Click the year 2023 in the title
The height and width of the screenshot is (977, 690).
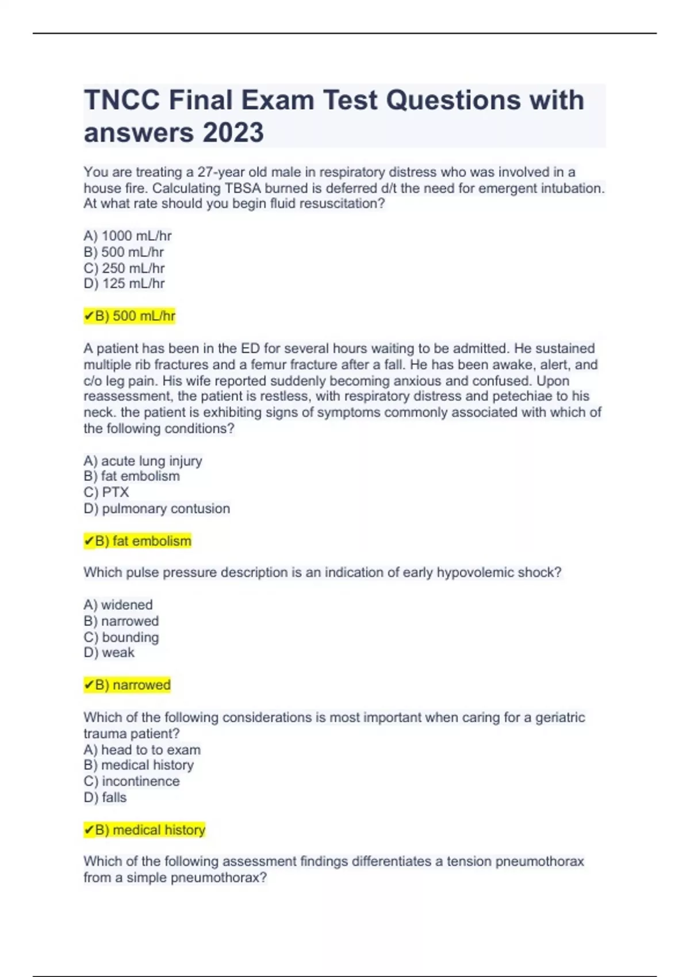coord(232,133)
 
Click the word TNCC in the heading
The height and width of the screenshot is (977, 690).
coord(122,100)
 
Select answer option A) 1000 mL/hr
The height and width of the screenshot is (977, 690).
coord(128,236)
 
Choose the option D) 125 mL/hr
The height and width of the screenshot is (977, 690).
coord(124,284)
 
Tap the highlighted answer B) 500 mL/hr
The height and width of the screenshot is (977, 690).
coord(130,316)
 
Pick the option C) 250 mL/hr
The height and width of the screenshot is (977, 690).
coord(124,268)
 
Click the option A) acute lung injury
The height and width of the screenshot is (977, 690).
coord(143,461)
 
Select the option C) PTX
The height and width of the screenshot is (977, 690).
coord(106,493)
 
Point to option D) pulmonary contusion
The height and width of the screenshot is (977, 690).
coord(156,509)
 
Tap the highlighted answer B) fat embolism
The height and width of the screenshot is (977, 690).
coord(138,541)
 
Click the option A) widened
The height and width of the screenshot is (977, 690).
coord(118,605)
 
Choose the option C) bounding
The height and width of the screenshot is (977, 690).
coord(121,637)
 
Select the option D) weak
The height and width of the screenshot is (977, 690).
coord(109,653)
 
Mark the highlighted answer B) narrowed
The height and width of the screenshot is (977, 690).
coord(128,685)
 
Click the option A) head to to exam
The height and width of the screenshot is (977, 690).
coord(142,750)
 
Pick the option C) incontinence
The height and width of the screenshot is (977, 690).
coord(131,782)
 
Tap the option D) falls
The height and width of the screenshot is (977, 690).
coord(105,798)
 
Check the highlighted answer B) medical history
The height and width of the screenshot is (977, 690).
coord(145,830)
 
